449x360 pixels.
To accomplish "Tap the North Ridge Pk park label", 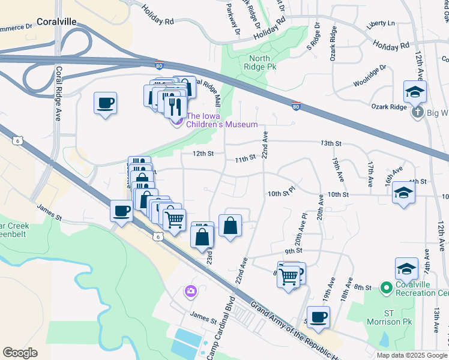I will (259, 63).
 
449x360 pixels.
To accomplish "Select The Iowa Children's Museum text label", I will (221, 120).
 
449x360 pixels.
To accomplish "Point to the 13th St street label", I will (331, 144).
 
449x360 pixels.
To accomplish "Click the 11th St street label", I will (245, 158).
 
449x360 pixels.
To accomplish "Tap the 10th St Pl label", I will (282, 194).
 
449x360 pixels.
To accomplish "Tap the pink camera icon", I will (190, 291).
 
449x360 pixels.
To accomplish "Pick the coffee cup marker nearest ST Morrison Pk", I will (318, 317).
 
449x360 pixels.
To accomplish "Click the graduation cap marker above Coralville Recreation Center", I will (406, 268).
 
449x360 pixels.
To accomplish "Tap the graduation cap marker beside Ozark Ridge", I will (414, 91).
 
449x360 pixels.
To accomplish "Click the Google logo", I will (20, 353).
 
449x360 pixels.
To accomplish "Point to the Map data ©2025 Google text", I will (412, 355).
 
